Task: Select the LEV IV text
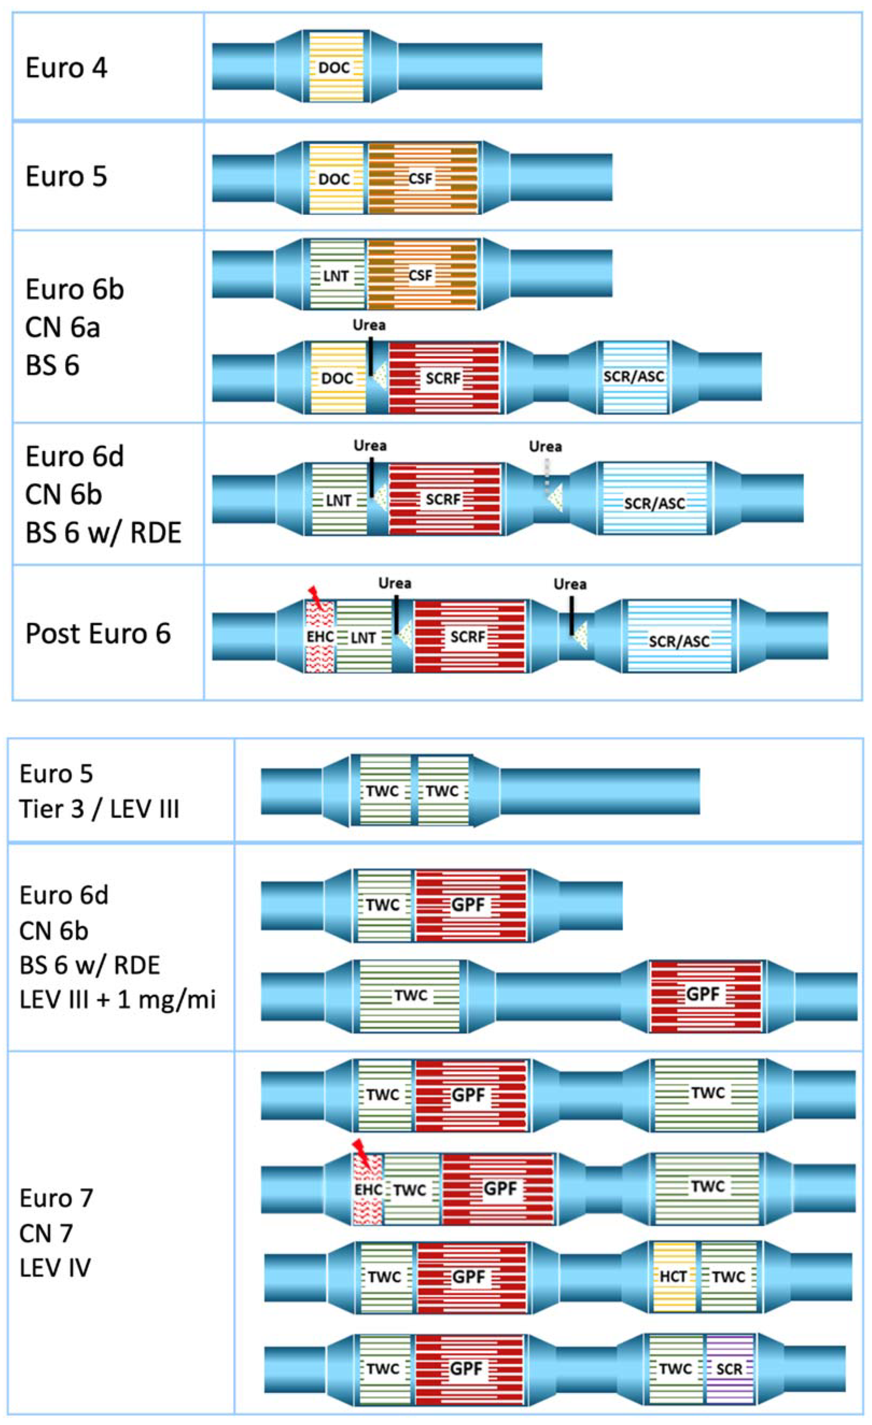tap(55, 1268)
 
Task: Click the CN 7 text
tap(46, 1234)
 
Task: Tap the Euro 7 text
tap(56, 1198)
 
